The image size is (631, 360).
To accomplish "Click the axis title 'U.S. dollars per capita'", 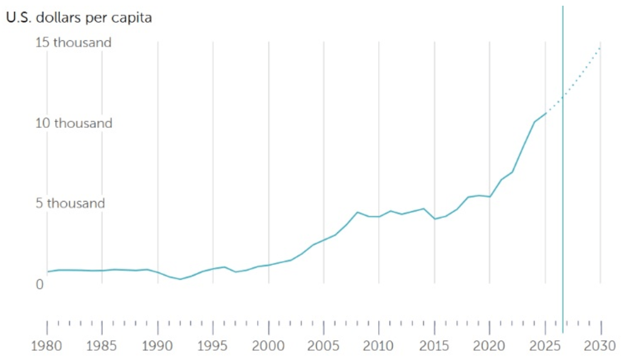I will click(79, 19).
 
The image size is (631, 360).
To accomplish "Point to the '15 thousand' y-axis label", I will click(73, 43).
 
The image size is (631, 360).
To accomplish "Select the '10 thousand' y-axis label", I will click(73, 123).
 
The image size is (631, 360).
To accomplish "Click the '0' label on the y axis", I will click(40, 284).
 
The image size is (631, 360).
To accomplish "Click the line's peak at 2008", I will click(357, 212).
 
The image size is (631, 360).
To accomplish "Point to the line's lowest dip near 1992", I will click(180, 279).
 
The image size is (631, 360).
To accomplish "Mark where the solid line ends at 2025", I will click(545, 114).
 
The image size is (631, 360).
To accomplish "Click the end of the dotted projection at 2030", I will click(600, 47).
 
